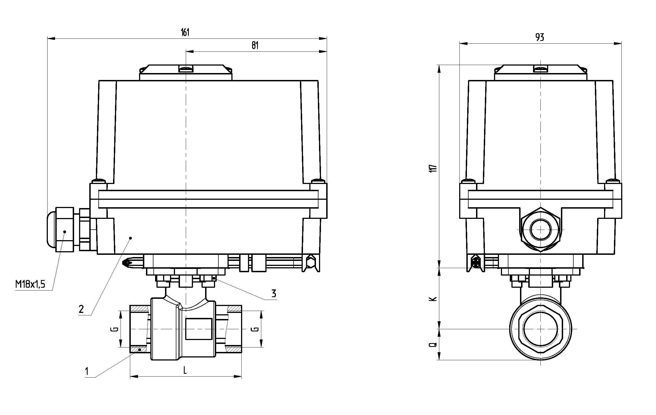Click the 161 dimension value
pyautogui.click(x=185, y=32)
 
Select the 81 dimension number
pyautogui.click(x=255, y=45)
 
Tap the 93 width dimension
pyautogui.click(x=540, y=37)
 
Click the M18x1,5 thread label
pyautogui.click(x=30, y=284)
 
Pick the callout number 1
pyautogui.click(x=87, y=371)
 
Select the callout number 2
pyautogui.click(x=81, y=309)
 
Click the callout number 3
pyautogui.click(x=274, y=293)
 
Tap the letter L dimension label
pyautogui.click(x=185, y=370)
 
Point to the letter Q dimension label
pyautogui.click(x=433, y=345)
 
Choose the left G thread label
pyautogui.click(x=116, y=329)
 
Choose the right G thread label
pyautogui.click(x=256, y=329)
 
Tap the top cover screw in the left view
pyautogui.click(x=186, y=68)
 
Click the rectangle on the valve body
pyautogui.click(x=199, y=329)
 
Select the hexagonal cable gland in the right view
pyautogui.click(x=540, y=230)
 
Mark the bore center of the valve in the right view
pyautogui.click(x=540, y=329)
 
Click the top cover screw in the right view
pyautogui.click(x=540, y=68)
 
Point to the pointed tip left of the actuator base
pyautogui.click(x=126, y=262)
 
